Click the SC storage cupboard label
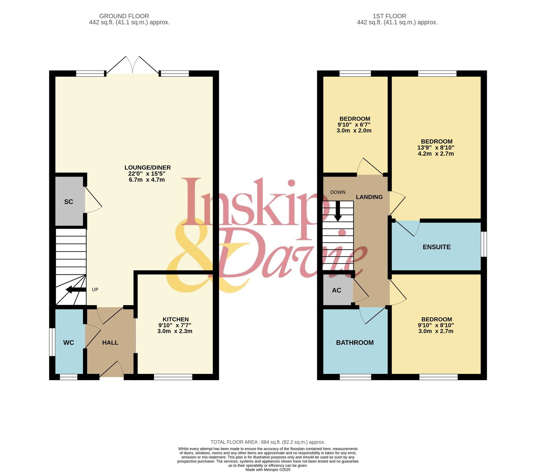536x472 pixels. [x=69, y=202]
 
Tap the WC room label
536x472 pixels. [x=69, y=343]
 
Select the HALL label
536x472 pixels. [x=110, y=343]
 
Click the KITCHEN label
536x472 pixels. [x=176, y=319]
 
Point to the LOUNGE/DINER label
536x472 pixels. [x=147, y=167]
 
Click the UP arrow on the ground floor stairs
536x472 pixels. [x=76, y=289]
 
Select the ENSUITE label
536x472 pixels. [x=437, y=247]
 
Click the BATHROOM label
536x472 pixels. [x=355, y=343]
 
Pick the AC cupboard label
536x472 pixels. [x=337, y=290]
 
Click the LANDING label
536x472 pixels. [x=369, y=197]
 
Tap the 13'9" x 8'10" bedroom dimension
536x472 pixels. [x=436, y=148]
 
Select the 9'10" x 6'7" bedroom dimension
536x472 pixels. [x=354, y=125]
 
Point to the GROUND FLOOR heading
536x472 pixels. [x=124, y=16]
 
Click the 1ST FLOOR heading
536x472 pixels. [x=390, y=16]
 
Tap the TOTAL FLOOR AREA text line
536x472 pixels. [x=268, y=442]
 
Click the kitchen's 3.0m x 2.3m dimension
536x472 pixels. [x=175, y=331]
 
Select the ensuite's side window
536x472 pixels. [x=484, y=244]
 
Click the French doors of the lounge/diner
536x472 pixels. [x=133, y=65]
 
